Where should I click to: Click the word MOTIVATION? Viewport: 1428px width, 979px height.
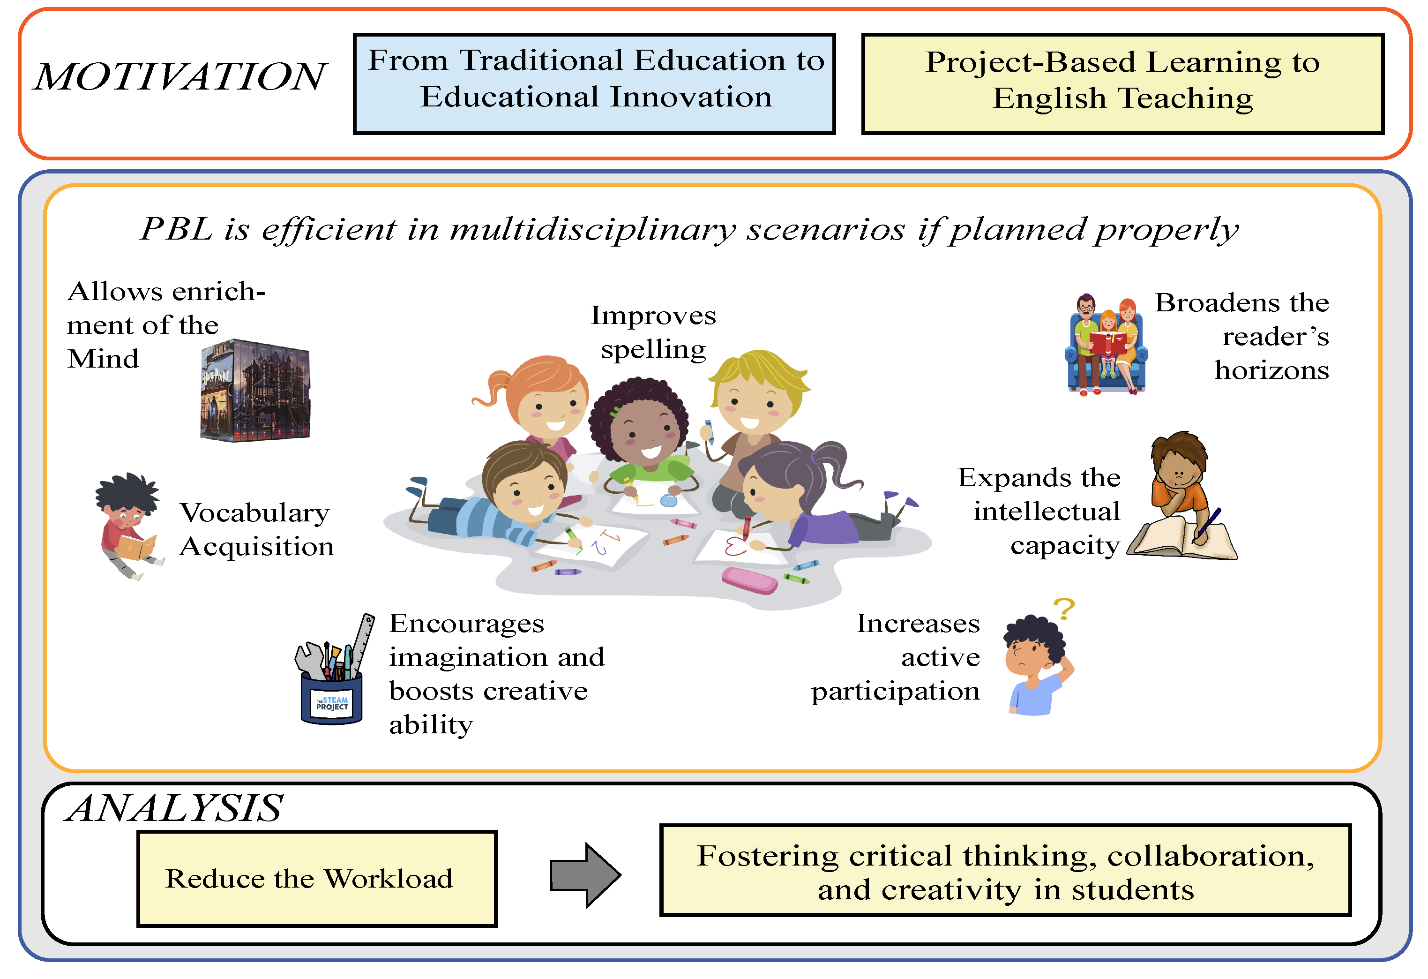coord(179,77)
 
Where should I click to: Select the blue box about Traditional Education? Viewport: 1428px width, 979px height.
coord(594,83)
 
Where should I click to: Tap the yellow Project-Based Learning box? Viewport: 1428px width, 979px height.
coord(1122,83)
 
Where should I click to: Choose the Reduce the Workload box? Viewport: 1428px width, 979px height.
coord(316,878)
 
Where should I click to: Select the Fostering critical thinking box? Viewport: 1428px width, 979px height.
coord(1005,871)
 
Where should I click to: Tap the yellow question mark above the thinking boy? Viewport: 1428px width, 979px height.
coord(1064,609)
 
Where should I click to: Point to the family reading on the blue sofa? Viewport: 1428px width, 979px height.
coord(1106,346)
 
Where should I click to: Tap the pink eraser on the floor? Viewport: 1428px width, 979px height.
coord(749,580)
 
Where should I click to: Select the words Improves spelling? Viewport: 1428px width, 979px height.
coord(653,332)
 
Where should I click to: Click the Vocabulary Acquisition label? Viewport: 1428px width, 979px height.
coord(256,529)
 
